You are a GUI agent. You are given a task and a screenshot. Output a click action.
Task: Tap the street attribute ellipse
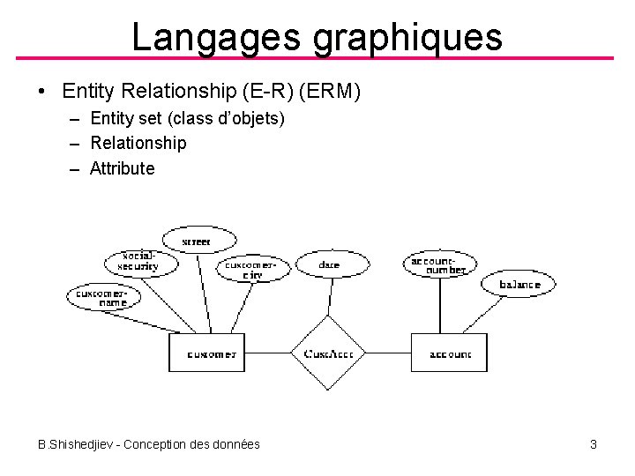pos(198,239)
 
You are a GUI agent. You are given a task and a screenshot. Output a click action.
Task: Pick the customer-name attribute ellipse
pos(103,297)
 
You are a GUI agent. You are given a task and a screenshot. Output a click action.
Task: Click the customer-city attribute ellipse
pos(253,268)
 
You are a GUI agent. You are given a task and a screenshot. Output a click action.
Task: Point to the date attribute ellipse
pos(330,264)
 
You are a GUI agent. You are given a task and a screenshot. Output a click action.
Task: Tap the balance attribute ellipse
pos(519,284)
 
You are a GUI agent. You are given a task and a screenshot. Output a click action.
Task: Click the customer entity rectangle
pos(207,353)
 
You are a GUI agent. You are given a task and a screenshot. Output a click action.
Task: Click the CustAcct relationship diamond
pos(328,353)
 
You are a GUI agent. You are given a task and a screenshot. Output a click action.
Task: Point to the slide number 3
pos(594,444)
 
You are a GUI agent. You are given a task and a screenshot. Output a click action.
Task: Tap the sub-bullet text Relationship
pos(138,143)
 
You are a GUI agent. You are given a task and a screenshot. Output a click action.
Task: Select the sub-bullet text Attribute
pos(123,168)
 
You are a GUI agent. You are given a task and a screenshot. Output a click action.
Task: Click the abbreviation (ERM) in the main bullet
pos(334,91)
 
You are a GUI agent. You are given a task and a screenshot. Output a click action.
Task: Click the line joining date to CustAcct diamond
pos(329,294)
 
